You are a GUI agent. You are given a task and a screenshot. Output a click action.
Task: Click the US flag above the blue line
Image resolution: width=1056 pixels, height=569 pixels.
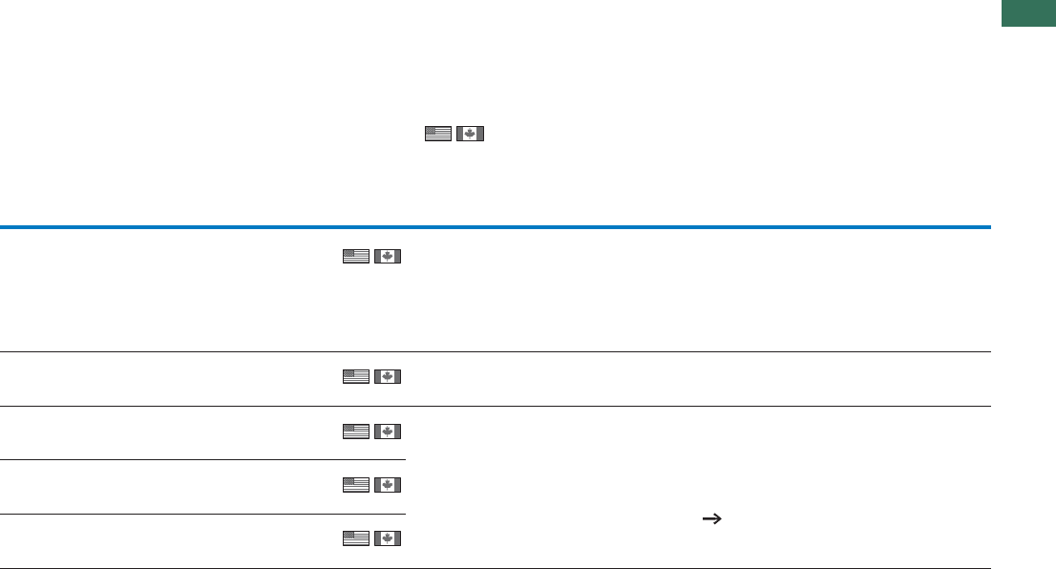(x=438, y=134)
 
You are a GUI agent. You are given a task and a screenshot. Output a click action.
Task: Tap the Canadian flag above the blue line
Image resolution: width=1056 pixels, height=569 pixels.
(x=470, y=134)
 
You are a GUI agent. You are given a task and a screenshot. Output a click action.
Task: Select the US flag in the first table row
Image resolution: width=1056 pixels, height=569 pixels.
(x=355, y=256)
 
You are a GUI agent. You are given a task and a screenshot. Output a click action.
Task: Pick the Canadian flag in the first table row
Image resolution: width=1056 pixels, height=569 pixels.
(x=387, y=256)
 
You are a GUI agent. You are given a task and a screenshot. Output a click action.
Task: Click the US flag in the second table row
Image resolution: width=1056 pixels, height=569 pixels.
(x=355, y=378)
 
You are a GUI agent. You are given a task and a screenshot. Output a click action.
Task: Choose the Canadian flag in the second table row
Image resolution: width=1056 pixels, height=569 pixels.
(x=387, y=378)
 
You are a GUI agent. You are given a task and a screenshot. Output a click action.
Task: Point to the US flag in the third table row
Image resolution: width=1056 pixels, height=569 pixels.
(x=355, y=432)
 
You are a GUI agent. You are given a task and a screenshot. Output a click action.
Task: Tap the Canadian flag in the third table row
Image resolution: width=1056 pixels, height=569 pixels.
(x=387, y=432)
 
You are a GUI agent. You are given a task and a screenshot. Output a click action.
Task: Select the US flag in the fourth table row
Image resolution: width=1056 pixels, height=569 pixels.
(x=355, y=486)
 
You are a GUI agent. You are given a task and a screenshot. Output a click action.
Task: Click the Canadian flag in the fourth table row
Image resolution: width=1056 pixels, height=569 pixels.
(x=387, y=486)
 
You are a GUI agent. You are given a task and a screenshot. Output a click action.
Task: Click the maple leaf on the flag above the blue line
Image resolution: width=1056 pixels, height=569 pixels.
(x=470, y=134)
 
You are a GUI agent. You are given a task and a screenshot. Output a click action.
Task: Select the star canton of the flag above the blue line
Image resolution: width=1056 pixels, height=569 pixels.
(x=433, y=131)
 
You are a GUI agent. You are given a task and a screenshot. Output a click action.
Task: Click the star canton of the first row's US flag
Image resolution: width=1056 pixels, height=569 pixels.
(x=349, y=253)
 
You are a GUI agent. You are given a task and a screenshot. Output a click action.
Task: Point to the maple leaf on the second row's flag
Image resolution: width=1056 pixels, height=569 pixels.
(x=387, y=378)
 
